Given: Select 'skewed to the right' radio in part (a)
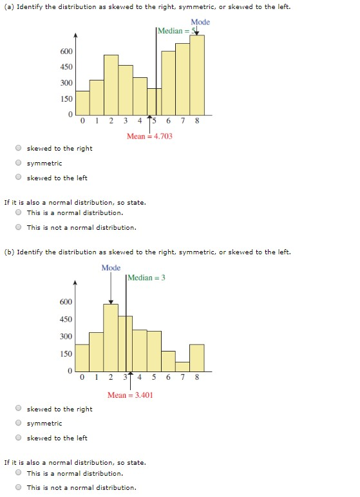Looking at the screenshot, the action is (19, 148).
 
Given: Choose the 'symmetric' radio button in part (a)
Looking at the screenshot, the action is (19, 163).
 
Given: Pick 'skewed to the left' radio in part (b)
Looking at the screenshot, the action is (19, 438).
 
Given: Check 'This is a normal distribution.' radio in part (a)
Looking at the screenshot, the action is (19, 212).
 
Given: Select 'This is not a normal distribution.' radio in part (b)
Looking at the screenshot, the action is (19, 487).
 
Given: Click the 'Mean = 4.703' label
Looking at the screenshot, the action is (149, 136).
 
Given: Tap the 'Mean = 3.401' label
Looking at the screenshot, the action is (130, 395).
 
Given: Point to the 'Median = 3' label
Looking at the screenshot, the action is (146, 277).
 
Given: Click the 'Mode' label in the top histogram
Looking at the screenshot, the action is (200, 22).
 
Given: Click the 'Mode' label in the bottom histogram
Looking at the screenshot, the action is (111, 267).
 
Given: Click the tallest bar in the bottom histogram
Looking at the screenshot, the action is (111, 337).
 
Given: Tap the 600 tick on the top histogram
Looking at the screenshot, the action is (67, 51).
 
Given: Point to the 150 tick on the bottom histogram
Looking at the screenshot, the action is (67, 353).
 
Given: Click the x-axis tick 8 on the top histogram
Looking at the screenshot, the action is (197, 120).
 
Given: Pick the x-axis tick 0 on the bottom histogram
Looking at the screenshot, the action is (82, 377).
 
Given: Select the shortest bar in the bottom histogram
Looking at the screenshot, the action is (182, 366).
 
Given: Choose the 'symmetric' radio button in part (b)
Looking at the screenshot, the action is (19, 423).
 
